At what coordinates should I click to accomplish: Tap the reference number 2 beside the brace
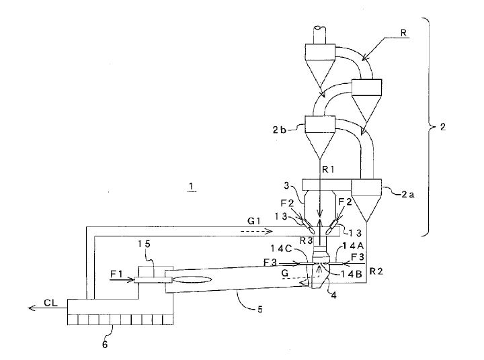click(442, 126)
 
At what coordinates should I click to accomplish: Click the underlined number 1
click(192, 189)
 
